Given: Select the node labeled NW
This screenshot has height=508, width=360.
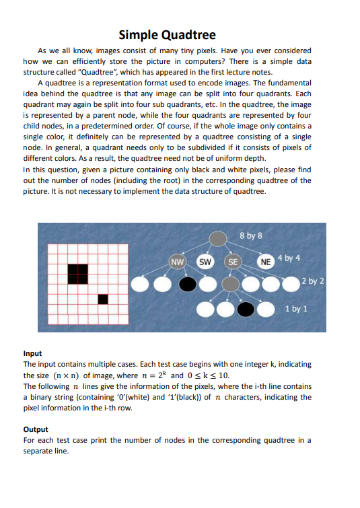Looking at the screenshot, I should click(x=178, y=261).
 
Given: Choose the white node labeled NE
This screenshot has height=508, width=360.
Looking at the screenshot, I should click(x=265, y=261).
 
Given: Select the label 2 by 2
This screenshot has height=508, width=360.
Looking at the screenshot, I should click(x=314, y=281).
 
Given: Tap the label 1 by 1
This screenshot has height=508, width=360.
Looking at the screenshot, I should click(x=296, y=309).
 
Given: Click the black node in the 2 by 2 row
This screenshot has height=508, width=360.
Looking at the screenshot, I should click(x=188, y=285).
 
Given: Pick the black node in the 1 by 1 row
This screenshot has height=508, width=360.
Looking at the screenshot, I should click(x=247, y=310).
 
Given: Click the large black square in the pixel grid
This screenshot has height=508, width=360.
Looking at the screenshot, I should click(x=77, y=273).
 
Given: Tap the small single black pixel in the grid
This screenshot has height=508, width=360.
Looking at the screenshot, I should click(x=103, y=298).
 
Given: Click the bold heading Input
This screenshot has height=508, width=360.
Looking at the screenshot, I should click(x=32, y=353).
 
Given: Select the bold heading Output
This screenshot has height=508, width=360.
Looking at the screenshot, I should click(x=35, y=429).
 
